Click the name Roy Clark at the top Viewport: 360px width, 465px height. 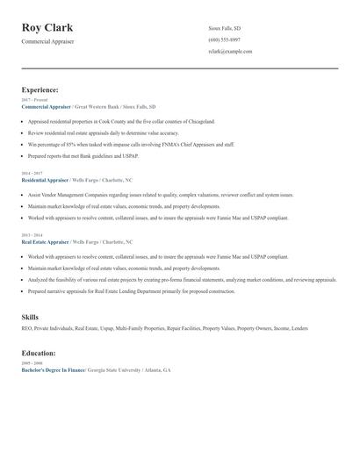[47, 28]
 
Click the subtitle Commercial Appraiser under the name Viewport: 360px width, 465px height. [48, 41]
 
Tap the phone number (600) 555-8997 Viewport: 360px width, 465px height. [224, 40]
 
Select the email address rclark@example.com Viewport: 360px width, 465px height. [230, 52]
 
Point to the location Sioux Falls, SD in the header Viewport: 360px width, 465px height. [225, 29]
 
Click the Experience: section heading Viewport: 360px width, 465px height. [40, 89]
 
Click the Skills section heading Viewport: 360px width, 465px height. [30, 316]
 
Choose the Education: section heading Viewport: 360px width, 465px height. [39, 353]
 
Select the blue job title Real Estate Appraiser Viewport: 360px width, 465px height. [45, 240]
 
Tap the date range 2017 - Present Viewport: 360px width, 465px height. [34, 100]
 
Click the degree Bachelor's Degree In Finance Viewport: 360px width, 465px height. [53, 370]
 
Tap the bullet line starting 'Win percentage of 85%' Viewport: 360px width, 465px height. [131, 144]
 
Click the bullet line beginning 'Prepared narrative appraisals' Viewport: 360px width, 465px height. [131, 290]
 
